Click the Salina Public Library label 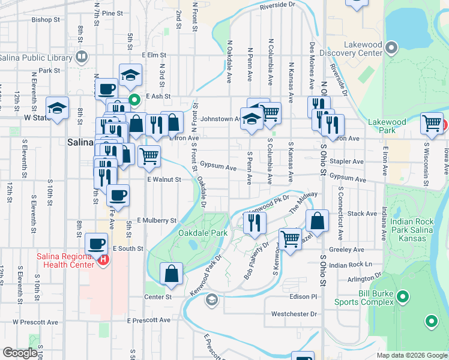(35, 58)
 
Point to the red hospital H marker (103, 260)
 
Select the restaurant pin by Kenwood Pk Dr (255, 223)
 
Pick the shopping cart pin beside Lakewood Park (432, 123)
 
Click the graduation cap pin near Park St (130, 74)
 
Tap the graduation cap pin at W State (57, 108)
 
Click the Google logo (20, 353)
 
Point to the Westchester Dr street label (294, 314)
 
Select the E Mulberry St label (157, 221)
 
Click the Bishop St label (46, 20)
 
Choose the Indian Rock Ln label (351, 265)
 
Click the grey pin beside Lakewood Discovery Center (392, 47)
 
